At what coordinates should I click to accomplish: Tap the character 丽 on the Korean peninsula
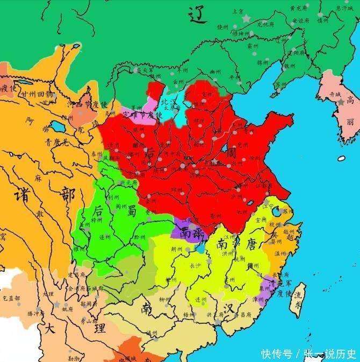[350, 123]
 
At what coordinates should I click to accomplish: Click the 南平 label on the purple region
[192, 232]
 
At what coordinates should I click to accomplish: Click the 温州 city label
[280, 253]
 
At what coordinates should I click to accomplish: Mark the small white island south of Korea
[342, 158]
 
